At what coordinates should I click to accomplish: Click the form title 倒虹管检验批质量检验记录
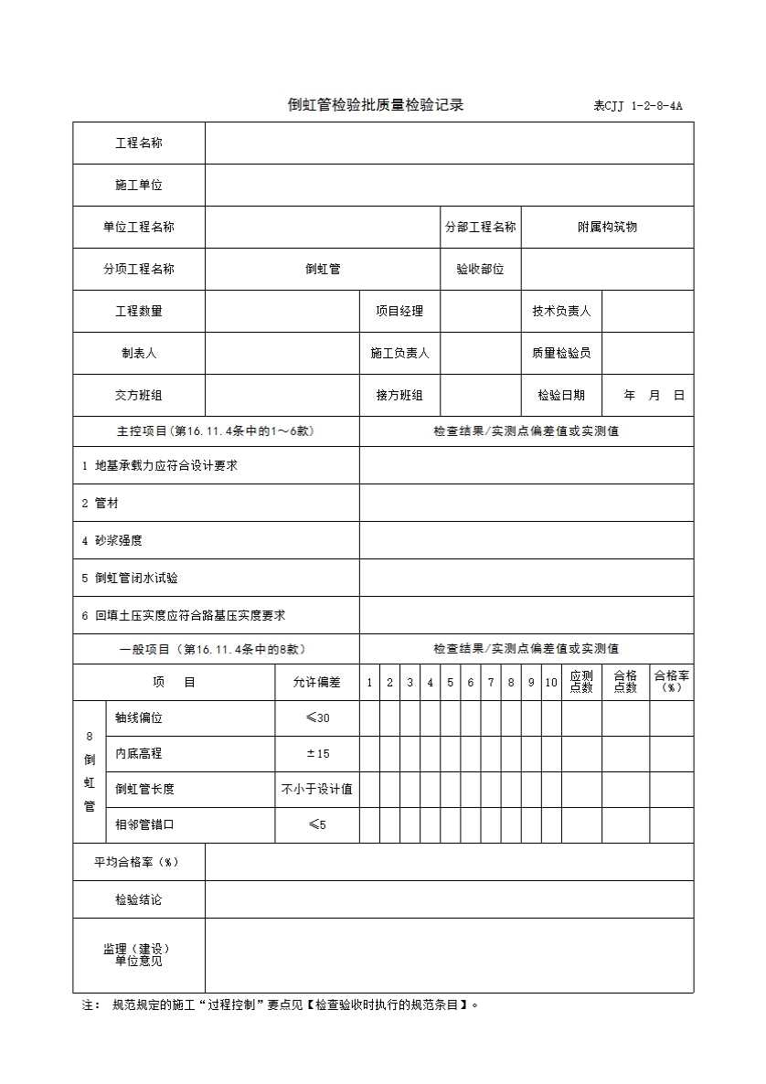tap(376, 104)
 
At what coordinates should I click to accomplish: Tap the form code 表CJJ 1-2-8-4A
tap(638, 106)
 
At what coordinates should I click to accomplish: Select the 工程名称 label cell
tap(139, 143)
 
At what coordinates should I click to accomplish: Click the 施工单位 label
tap(139, 186)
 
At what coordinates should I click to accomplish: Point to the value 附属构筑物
tap(607, 228)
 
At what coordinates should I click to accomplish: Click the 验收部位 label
tap(480, 270)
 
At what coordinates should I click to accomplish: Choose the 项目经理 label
tap(399, 312)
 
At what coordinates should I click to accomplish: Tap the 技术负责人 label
tap(561, 312)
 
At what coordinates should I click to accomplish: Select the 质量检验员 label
tap(561, 354)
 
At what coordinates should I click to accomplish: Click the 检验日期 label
tap(561, 396)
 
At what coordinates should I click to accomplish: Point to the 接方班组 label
tap(399, 396)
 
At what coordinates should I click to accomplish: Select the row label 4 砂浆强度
tap(112, 541)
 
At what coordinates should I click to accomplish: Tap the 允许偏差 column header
tap(316, 683)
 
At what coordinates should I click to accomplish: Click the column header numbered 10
tap(551, 683)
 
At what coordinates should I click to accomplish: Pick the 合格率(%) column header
tap(671, 682)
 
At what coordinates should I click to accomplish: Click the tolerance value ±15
tap(317, 754)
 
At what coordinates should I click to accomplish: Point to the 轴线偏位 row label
tap(139, 718)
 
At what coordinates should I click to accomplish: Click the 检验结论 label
tap(139, 900)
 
